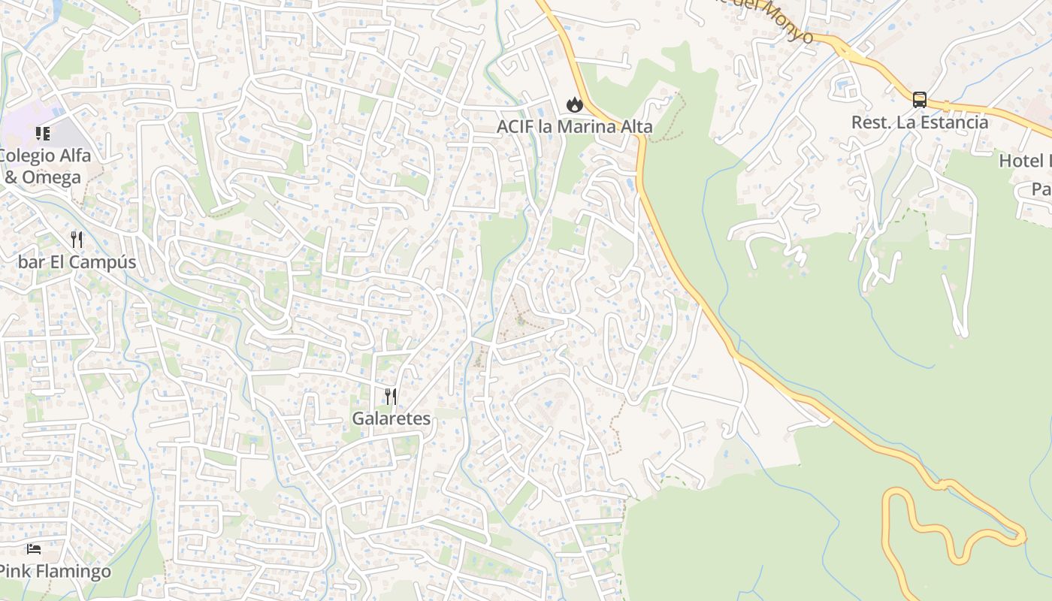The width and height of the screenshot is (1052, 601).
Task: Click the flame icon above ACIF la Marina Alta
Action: pos(575,104)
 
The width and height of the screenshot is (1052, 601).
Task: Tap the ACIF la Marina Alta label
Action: pos(575,127)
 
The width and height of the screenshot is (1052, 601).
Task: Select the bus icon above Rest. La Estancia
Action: pos(919,100)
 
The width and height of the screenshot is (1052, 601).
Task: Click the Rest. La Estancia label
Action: pos(920,122)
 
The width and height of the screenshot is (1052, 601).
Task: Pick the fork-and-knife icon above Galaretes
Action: pos(391,397)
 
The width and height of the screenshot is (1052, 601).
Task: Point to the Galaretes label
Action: pos(391,418)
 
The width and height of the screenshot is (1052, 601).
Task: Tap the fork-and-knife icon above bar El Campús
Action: pos(77,240)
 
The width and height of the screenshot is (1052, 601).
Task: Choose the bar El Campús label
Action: pos(77,262)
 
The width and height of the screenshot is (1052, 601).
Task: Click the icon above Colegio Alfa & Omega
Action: pos(43,134)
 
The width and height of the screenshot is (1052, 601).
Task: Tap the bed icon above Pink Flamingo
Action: pos(34,549)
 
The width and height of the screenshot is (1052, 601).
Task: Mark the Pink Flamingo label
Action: pos(54,571)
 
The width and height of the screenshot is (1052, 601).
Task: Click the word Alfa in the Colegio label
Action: pos(74,156)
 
